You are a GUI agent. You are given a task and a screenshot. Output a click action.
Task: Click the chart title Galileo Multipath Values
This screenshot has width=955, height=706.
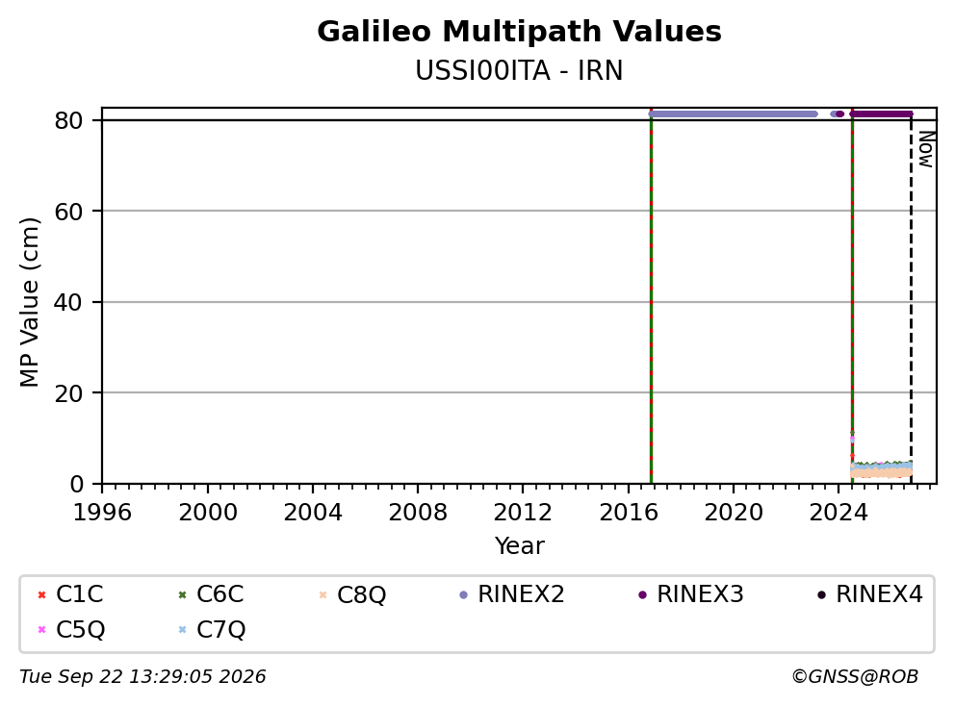pyautogui.click(x=519, y=32)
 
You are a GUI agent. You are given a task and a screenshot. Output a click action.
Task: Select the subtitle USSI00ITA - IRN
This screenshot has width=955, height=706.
pyautogui.click(x=519, y=71)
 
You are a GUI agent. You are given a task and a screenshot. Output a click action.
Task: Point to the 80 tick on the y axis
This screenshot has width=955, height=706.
pyautogui.click(x=68, y=120)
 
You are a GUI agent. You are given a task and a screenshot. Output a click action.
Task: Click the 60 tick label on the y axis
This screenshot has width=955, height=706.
pyautogui.click(x=68, y=212)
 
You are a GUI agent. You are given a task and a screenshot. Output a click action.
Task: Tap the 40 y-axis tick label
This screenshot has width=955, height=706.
pyautogui.click(x=68, y=302)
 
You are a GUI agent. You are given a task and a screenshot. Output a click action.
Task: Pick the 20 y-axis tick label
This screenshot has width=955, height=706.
pyautogui.click(x=68, y=392)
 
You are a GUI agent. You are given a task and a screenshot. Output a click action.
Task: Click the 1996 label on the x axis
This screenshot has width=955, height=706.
pyautogui.click(x=102, y=513)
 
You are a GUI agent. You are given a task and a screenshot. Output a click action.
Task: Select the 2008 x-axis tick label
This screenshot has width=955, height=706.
pyautogui.click(x=418, y=513)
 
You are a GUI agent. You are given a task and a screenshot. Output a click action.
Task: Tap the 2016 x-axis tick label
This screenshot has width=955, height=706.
pyautogui.click(x=629, y=513)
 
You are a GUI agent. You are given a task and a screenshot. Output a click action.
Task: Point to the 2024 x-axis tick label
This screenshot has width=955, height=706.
pyautogui.click(x=839, y=513)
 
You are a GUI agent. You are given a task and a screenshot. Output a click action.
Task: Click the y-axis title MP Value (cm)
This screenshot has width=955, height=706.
pyautogui.click(x=29, y=302)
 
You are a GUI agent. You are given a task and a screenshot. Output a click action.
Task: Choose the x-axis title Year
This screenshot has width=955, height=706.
pyautogui.click(x=520, y=546)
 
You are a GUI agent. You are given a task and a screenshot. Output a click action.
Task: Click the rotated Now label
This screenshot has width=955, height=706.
pyautogui.click(x=926, y=149)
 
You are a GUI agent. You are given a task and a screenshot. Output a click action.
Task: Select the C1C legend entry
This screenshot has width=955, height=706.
pyautogui.click(x=71, y=594)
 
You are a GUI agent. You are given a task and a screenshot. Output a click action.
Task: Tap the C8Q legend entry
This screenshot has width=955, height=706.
pyautogui.click(x=352, y=594)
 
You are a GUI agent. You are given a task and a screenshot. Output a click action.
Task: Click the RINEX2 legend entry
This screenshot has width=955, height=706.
pyautogui.click(x=512, y=594)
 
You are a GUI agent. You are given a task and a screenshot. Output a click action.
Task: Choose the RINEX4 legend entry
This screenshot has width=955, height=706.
pyautogui.click(x=870, y=594)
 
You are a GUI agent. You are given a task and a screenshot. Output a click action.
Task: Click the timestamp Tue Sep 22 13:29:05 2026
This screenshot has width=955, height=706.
pyautogui.click(x=142, y=677)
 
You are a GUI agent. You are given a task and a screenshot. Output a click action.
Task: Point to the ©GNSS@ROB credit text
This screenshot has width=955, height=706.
pyautogui.click(x=855, y=677)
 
